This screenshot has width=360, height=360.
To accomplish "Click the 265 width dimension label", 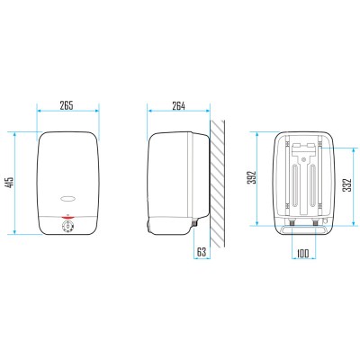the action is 67,105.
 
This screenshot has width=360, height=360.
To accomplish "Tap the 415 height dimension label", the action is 10,183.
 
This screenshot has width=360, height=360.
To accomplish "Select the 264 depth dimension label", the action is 178,106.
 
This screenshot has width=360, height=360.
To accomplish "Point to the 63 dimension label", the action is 202,252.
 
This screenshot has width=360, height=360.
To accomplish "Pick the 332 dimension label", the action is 347,185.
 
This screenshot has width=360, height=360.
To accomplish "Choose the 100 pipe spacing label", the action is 302,254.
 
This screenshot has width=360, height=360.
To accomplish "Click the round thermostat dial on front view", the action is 67,226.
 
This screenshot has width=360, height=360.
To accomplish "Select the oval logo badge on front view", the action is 67,198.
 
